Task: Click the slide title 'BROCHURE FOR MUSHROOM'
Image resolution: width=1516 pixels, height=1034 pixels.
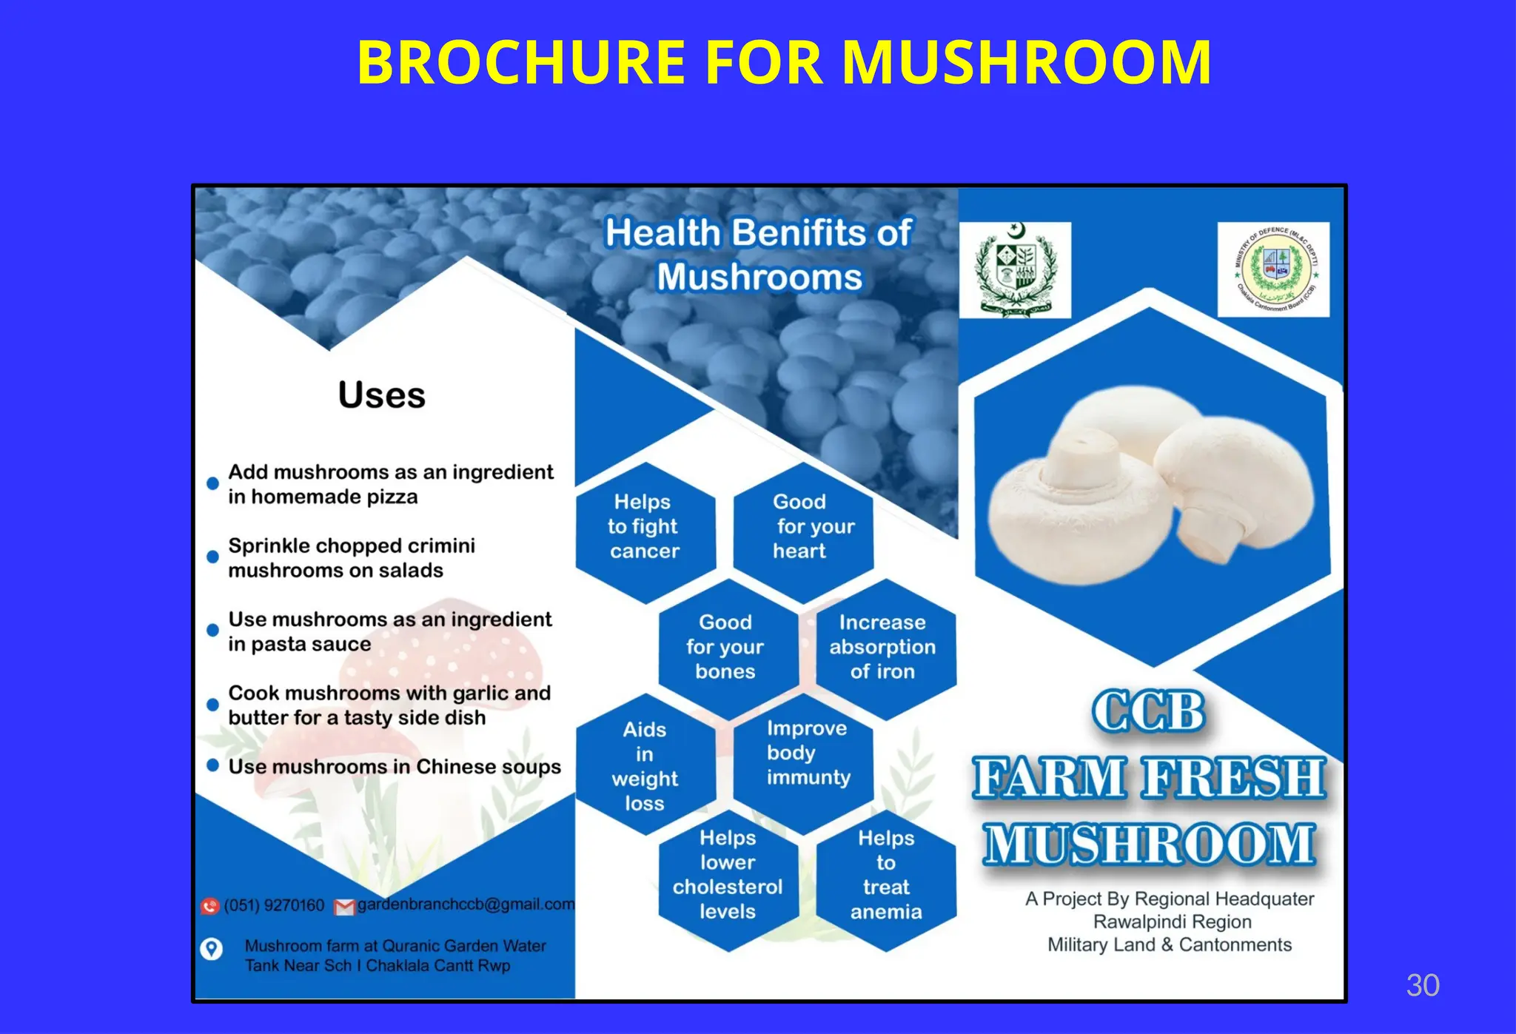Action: pos(784,62)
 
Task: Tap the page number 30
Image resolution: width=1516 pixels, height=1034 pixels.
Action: pos(1422,985)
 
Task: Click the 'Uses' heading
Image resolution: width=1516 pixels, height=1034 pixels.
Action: pos(382,395)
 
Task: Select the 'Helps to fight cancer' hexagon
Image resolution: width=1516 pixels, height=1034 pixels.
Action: pos(644,527)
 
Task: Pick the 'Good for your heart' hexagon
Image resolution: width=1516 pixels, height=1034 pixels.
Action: pos(803,527)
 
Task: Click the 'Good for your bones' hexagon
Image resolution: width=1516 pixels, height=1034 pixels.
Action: pos(725,647)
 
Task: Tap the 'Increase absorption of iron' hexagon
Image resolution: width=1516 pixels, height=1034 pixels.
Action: pos(882,647)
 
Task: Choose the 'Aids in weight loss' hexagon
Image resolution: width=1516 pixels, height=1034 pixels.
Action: pos(645,766)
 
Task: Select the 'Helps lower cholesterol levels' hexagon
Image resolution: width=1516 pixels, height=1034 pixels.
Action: pos(728,875)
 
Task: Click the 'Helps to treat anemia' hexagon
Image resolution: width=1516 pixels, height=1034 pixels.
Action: pos(886,875)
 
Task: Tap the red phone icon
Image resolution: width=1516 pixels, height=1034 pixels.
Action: pos(210,906)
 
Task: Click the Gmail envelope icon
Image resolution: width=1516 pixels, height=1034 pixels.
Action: pos(344,907)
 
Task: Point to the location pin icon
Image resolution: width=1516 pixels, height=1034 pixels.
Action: pos(212,949)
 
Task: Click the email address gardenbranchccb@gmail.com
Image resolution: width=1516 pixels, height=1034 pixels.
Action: pos(466,904)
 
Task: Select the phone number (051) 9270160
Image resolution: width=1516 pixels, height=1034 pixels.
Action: pos(274,905)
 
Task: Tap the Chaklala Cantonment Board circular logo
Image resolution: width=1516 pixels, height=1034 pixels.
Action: pos(1273,269)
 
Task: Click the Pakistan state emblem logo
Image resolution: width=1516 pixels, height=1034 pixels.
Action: pos(1015,270)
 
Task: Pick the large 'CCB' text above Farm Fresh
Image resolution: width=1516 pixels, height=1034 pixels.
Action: pos(1148,712)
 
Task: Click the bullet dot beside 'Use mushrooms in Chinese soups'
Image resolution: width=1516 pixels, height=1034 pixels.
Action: pos(213,765)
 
